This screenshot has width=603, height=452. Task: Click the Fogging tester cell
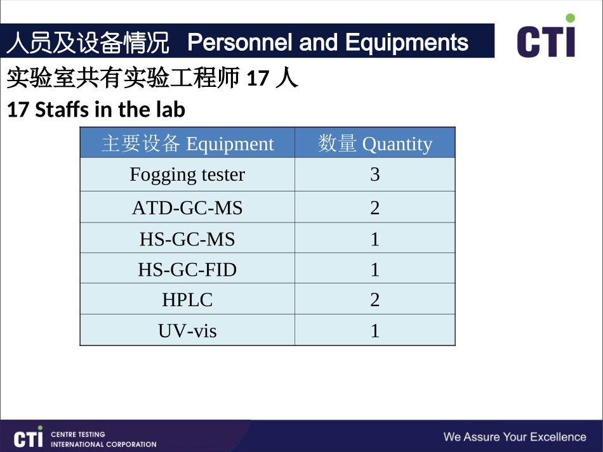point(187,174)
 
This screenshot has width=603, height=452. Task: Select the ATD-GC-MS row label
point(187,207)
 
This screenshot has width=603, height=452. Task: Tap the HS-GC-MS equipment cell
point(187,239)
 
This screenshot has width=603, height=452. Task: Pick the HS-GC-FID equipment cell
point(187,269)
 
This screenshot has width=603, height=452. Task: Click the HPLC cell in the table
point(187,300)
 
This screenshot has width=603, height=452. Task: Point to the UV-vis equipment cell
point(187,330)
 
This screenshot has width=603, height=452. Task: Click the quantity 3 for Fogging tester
point(374,174)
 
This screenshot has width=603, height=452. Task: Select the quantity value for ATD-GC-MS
point(374,207)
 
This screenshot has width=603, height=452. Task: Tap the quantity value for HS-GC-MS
point(374,239)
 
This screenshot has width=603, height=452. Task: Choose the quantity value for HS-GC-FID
point(374,269)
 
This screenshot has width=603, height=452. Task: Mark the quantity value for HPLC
point(374,300)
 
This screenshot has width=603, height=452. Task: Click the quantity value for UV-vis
point(374,330)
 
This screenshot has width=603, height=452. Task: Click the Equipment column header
point(187,144)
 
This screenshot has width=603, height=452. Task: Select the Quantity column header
point(374,144)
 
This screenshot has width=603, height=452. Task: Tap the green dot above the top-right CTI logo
point(570,18)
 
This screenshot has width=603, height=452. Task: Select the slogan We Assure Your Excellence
point(514,437)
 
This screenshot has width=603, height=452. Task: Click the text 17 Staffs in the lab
point(96,110)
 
